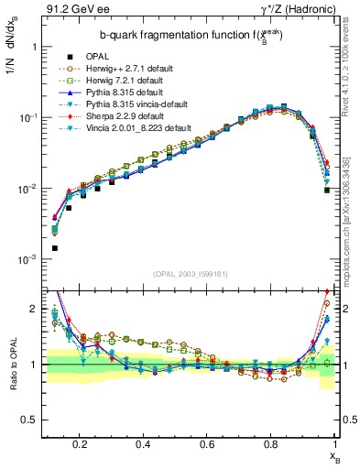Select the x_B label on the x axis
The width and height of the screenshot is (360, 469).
(335, 455)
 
